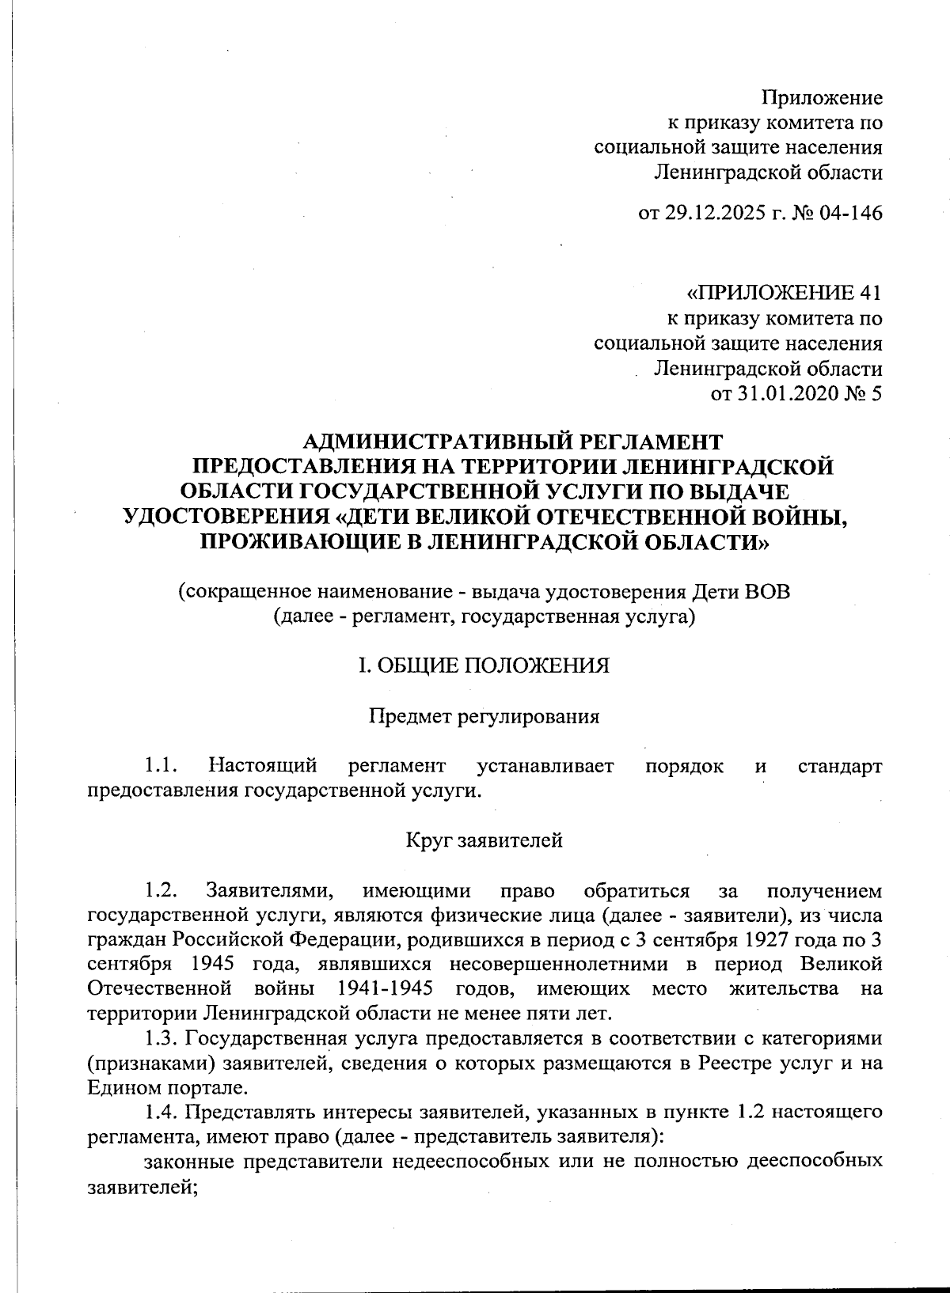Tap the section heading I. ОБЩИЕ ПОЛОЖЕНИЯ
484,665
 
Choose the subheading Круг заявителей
484,840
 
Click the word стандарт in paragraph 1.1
840,766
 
